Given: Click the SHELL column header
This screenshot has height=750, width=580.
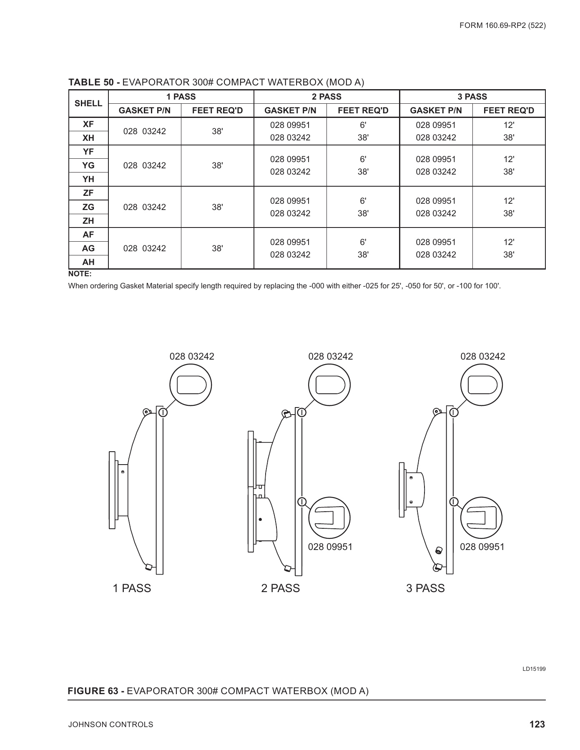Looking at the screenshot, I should tap(88, 103).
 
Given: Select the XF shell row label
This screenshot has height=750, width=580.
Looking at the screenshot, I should tap(88, 124).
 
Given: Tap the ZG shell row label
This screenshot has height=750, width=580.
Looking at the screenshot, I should tap(88, 207).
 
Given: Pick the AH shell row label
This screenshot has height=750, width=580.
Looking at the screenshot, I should tap(88, 262).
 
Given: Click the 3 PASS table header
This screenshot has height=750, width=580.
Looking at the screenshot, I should tap(472, 97).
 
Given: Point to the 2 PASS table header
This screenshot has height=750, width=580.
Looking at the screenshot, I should tap(326, 97).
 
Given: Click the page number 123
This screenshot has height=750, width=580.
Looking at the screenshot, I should tap(537, 725).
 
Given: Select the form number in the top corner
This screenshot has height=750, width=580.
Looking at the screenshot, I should tap(502, 25).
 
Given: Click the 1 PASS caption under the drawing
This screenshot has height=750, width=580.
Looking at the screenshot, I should tap(132, 588).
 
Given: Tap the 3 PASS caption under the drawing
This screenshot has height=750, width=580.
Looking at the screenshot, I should tap(425, 588).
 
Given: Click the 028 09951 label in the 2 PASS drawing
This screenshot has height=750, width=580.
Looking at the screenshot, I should tap(330, 547).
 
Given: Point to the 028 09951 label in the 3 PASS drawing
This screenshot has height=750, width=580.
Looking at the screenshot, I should tap(482, 547).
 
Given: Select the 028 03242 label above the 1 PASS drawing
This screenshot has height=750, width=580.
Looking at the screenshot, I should tap(192, 356).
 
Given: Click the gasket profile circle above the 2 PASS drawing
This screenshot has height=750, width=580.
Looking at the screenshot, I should tap(330, 385).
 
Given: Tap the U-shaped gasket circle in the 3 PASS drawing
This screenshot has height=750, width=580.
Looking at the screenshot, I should tap(482, 518).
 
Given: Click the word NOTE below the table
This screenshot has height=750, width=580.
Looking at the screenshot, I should tap(80, 274).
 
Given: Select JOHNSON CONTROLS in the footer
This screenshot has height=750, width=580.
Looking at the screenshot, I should tap(110, 725).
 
